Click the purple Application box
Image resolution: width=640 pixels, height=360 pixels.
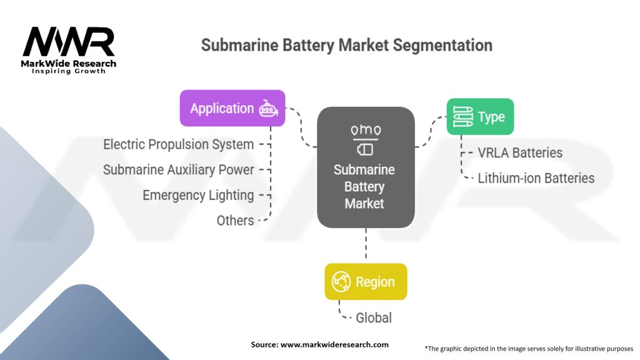tap(232, 108)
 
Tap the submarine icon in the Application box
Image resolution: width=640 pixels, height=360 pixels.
tap(268, 109)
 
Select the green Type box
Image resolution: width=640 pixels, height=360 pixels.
tap(480, 117)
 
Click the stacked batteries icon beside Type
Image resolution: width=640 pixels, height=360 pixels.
tap(463, 117)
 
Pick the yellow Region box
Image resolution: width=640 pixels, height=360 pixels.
tap(366, 282)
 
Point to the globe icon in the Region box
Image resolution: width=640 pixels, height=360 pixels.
tap(341, 282)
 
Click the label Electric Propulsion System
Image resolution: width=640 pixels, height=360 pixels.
tap(178, 144)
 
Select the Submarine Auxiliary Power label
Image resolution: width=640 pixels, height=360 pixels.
tap(178, 170)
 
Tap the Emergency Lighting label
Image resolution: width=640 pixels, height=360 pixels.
tap(198, 195)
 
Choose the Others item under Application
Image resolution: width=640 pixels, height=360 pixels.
tap(235, 221)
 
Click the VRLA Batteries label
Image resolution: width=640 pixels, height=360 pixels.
tap(520, 152)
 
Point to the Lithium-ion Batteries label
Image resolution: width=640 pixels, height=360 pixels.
tap(536, 178)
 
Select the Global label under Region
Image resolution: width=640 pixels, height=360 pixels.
tap(374, 317)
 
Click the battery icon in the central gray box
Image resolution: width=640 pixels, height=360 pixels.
tap(365, 149)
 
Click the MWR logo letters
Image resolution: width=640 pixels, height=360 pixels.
tap(69, 42)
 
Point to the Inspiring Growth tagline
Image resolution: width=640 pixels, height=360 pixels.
tap(69, 71)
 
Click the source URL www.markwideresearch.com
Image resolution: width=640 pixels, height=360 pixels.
tap(334, 344)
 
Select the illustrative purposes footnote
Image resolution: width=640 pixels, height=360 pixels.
tap(529, 349)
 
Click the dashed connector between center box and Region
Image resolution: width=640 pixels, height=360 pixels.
tap(366, 243)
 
